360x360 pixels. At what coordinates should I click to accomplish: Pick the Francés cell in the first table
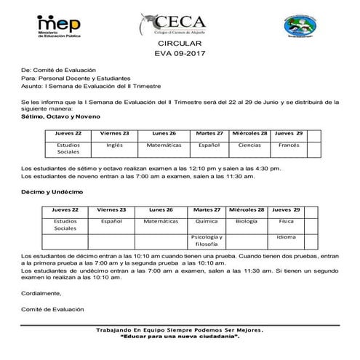click(x=289, y=145)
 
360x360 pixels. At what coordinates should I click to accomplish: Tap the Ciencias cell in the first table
click(x=249, y=145)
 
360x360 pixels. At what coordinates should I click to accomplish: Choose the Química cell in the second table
click(x=208, y=220)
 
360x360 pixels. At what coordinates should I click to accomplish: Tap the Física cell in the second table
click(x=287, y=220)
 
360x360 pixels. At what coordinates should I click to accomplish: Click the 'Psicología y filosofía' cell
click(x=208, y=241)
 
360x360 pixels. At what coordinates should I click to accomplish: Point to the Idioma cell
click(x=287, y=238)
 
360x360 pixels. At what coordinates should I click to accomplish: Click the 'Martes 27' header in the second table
click(x=208, y=209)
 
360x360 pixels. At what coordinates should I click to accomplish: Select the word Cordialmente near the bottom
click(x=41, y=293)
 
